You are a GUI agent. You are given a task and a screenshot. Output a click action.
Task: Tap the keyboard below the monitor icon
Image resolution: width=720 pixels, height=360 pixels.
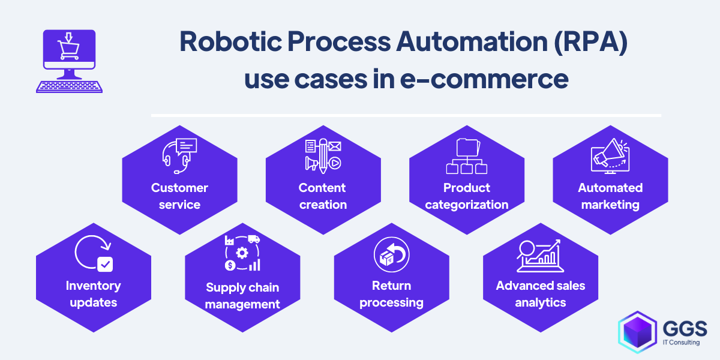pyautogui.click(x=69, y=86)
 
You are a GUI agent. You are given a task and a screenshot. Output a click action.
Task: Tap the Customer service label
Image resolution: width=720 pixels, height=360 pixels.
pyautogui.click(x=179, y=196)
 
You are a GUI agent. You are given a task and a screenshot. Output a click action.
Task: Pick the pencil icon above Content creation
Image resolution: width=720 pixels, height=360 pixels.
pyautogui.click(x=323, y=154)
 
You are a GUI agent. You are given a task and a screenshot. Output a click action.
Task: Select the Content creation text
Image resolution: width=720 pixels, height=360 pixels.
pyautogui.click(x=323, y=196)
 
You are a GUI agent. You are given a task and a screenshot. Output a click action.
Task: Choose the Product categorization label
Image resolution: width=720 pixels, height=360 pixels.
pyautogui.click(x=466, y=196)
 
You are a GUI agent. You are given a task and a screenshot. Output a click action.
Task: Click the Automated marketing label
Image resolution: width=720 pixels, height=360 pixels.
pyautogui.click(x=610, y=196)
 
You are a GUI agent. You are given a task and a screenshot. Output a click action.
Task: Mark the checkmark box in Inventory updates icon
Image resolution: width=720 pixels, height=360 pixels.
pyautogui.click(x=105, y=264)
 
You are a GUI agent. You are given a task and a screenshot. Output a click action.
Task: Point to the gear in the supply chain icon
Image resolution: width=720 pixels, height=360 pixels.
pyautogui.click(x=242, y=253)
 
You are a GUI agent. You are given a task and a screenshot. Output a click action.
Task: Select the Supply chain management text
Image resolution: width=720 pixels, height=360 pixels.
pyautogui.click(x=242, y=296)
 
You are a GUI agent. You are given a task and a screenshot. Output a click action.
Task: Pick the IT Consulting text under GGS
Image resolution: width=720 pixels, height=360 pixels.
pyautogui.click(x=684, y=343)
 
